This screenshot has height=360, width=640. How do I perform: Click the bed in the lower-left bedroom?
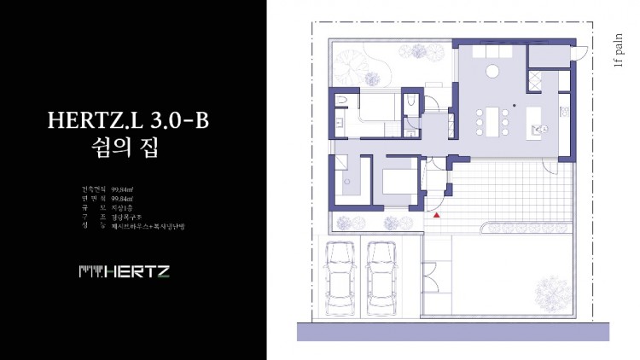point(396,183)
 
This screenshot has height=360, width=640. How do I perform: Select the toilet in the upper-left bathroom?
point(342,102)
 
